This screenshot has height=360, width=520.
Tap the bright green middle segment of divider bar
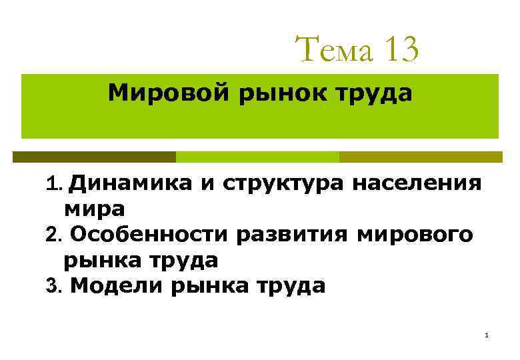(257, 157)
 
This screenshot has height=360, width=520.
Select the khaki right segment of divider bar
(421, 157)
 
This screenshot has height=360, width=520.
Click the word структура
(282, 183)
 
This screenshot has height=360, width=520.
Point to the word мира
(94, 209)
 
